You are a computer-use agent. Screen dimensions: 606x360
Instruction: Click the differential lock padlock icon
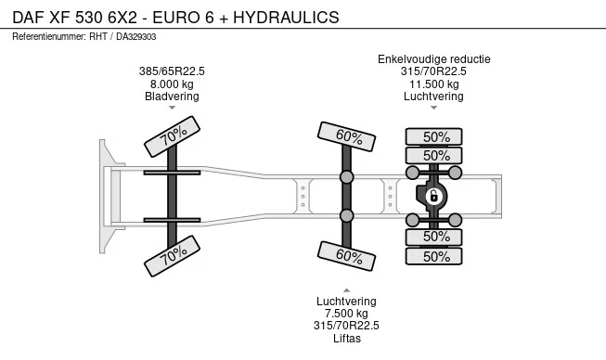click(x=433, y=197)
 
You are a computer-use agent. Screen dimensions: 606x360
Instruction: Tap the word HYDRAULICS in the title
click(x=286, y=18)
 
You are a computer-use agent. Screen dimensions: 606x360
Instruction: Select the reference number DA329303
click(x=136, y=37)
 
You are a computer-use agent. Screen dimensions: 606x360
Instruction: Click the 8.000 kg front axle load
click(x=172, y=84)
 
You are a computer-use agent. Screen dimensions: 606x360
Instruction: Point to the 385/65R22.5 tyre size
click(x=172, y=71)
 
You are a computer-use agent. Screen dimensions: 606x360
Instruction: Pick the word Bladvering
click(x=172, y=96)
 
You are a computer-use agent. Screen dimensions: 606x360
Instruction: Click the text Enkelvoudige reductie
click(x=434, y=59)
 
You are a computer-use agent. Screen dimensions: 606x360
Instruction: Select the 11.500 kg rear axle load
click(x=434, y=84)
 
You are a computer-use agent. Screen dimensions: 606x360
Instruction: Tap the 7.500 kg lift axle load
click(x=346, y=313)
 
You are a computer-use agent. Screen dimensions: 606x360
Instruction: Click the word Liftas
click(x=347, y=338)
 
